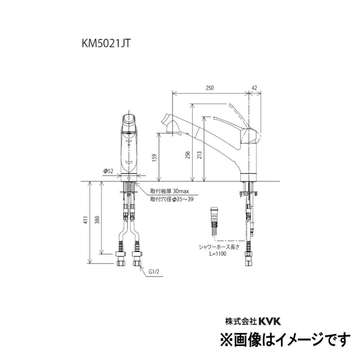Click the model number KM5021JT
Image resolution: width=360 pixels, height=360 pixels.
tap(106, 44)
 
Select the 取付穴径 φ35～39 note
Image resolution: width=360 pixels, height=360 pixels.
tap(172, 200)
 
